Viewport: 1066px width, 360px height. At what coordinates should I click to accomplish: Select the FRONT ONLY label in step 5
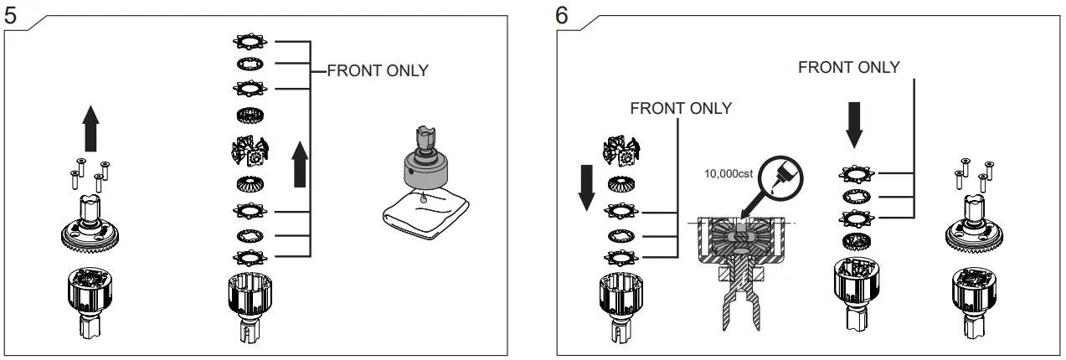[x=377, y=71]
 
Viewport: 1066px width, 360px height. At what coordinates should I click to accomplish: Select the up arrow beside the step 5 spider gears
[x=300, y=164]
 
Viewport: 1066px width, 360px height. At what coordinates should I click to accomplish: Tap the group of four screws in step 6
[x=972, y=175]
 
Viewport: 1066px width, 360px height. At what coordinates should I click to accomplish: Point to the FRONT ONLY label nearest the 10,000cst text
[x=680, y=108]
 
